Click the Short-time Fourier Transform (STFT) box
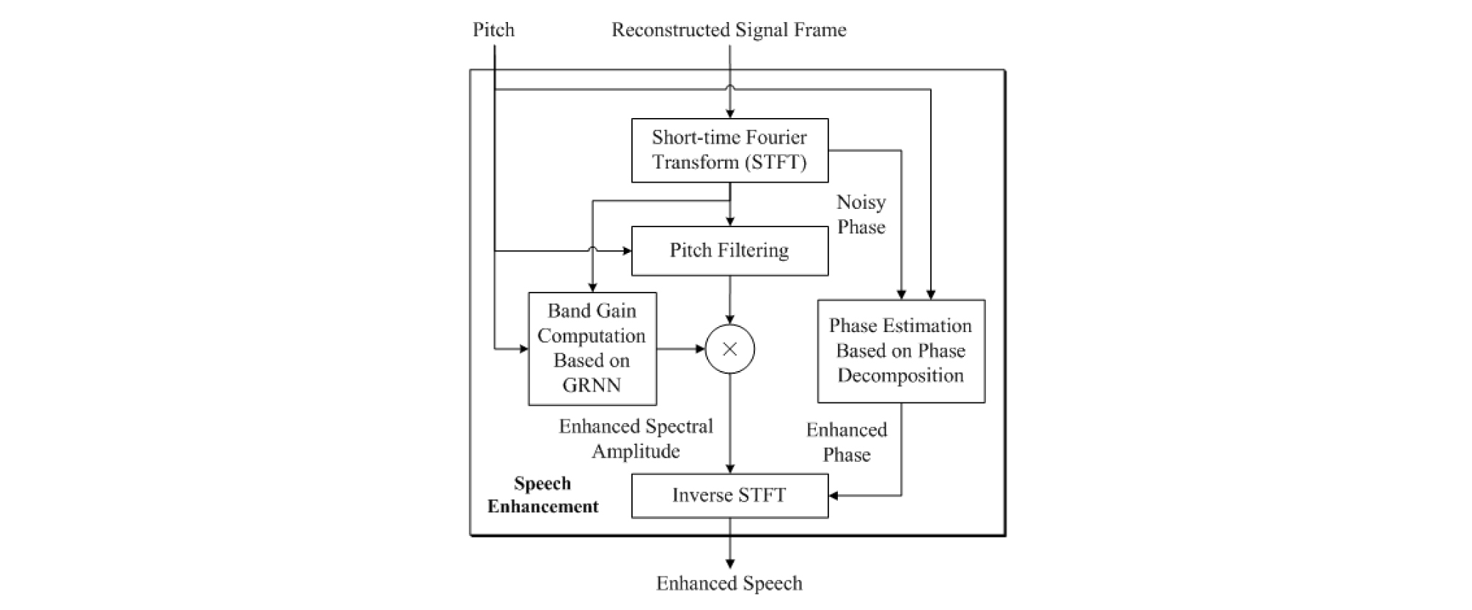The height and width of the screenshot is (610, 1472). click(x=729, y=150)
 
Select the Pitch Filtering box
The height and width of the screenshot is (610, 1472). click(x=729, y=251)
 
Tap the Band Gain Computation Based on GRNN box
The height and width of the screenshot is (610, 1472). click(x=592, y=348)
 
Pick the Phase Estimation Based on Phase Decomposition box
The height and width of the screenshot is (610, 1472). click(x=901, y=350)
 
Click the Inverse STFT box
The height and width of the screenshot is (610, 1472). click(x=729, y=496)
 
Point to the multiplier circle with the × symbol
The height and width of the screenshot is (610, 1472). click(x=730, y=349)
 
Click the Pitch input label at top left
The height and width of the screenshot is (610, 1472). click(x=493, y=30)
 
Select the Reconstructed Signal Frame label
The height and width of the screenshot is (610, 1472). click(x=729, y=30)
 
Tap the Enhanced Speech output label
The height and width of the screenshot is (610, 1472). click(x=729, y=584)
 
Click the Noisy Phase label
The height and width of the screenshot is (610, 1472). click(x=861, y=214)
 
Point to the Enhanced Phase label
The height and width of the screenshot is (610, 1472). click(x=847, y=442)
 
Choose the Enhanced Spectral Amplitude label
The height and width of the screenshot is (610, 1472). click(x=636, y=438)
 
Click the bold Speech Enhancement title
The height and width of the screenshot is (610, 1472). click(x=542, y=495)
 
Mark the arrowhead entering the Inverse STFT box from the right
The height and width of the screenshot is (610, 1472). click(x=834, y=496)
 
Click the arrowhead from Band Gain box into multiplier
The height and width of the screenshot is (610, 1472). click(x=700, y=349)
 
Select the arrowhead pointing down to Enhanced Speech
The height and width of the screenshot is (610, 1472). click(x=730, y=563)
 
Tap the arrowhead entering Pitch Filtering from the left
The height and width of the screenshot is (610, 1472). click(x=627, y=251)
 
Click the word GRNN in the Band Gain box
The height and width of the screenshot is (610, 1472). click(x=592, y=385)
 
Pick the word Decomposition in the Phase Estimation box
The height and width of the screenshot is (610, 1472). click(x=901, y=375)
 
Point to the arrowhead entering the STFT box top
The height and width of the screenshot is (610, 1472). click(x=730, y=114)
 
